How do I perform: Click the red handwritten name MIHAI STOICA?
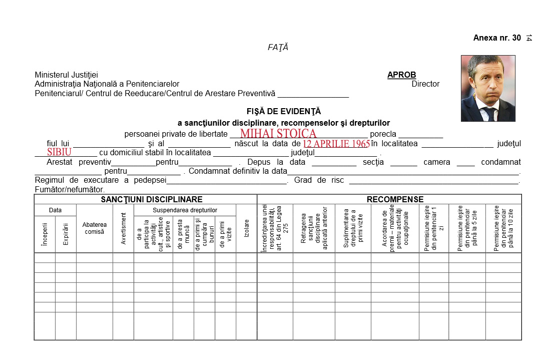coord(278,133)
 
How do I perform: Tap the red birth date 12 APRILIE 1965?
coord(336,144)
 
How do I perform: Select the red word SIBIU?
coord(60,152)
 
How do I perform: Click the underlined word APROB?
coord(401,75)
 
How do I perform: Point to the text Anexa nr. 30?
coord(497,38)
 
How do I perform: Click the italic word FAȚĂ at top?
coord(278,48)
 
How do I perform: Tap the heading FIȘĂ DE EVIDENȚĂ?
coord(283,112)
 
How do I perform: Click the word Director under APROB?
coord(425,84)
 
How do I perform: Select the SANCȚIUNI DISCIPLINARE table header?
coord(145,199)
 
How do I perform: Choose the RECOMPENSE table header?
coord(395,199)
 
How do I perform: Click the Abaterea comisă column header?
coord(95,228)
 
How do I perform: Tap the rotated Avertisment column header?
coord(124,228)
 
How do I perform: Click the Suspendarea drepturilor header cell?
coord(185,210)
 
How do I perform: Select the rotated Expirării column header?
coord(66,234)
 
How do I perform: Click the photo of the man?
coord(488,88)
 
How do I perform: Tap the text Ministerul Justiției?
coord(66,75)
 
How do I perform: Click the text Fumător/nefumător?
coord(70,190)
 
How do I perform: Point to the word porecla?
coord(383,134)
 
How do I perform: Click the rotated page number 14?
coord(529,38)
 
